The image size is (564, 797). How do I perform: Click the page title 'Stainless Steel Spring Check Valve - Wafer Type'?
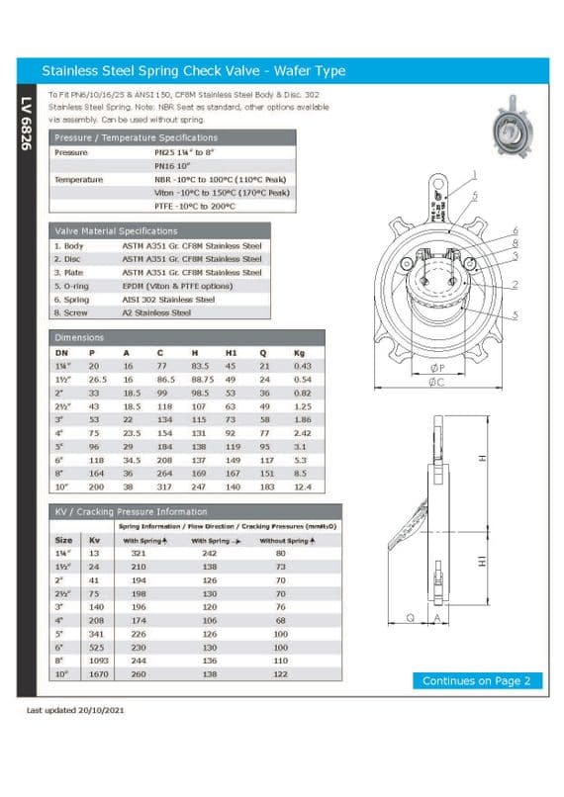[x=193, y=71]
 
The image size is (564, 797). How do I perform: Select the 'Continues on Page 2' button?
[x=476, y=680]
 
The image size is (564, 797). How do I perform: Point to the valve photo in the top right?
[x=512, y=125]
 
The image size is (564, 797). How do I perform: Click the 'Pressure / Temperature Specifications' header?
[x=136, y=137]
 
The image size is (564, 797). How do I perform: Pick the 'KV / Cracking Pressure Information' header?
[x=131, y=511]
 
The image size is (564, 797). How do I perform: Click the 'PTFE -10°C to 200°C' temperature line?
[x=195, y=207]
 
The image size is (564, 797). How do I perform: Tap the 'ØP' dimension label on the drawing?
[x=436, y=363]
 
